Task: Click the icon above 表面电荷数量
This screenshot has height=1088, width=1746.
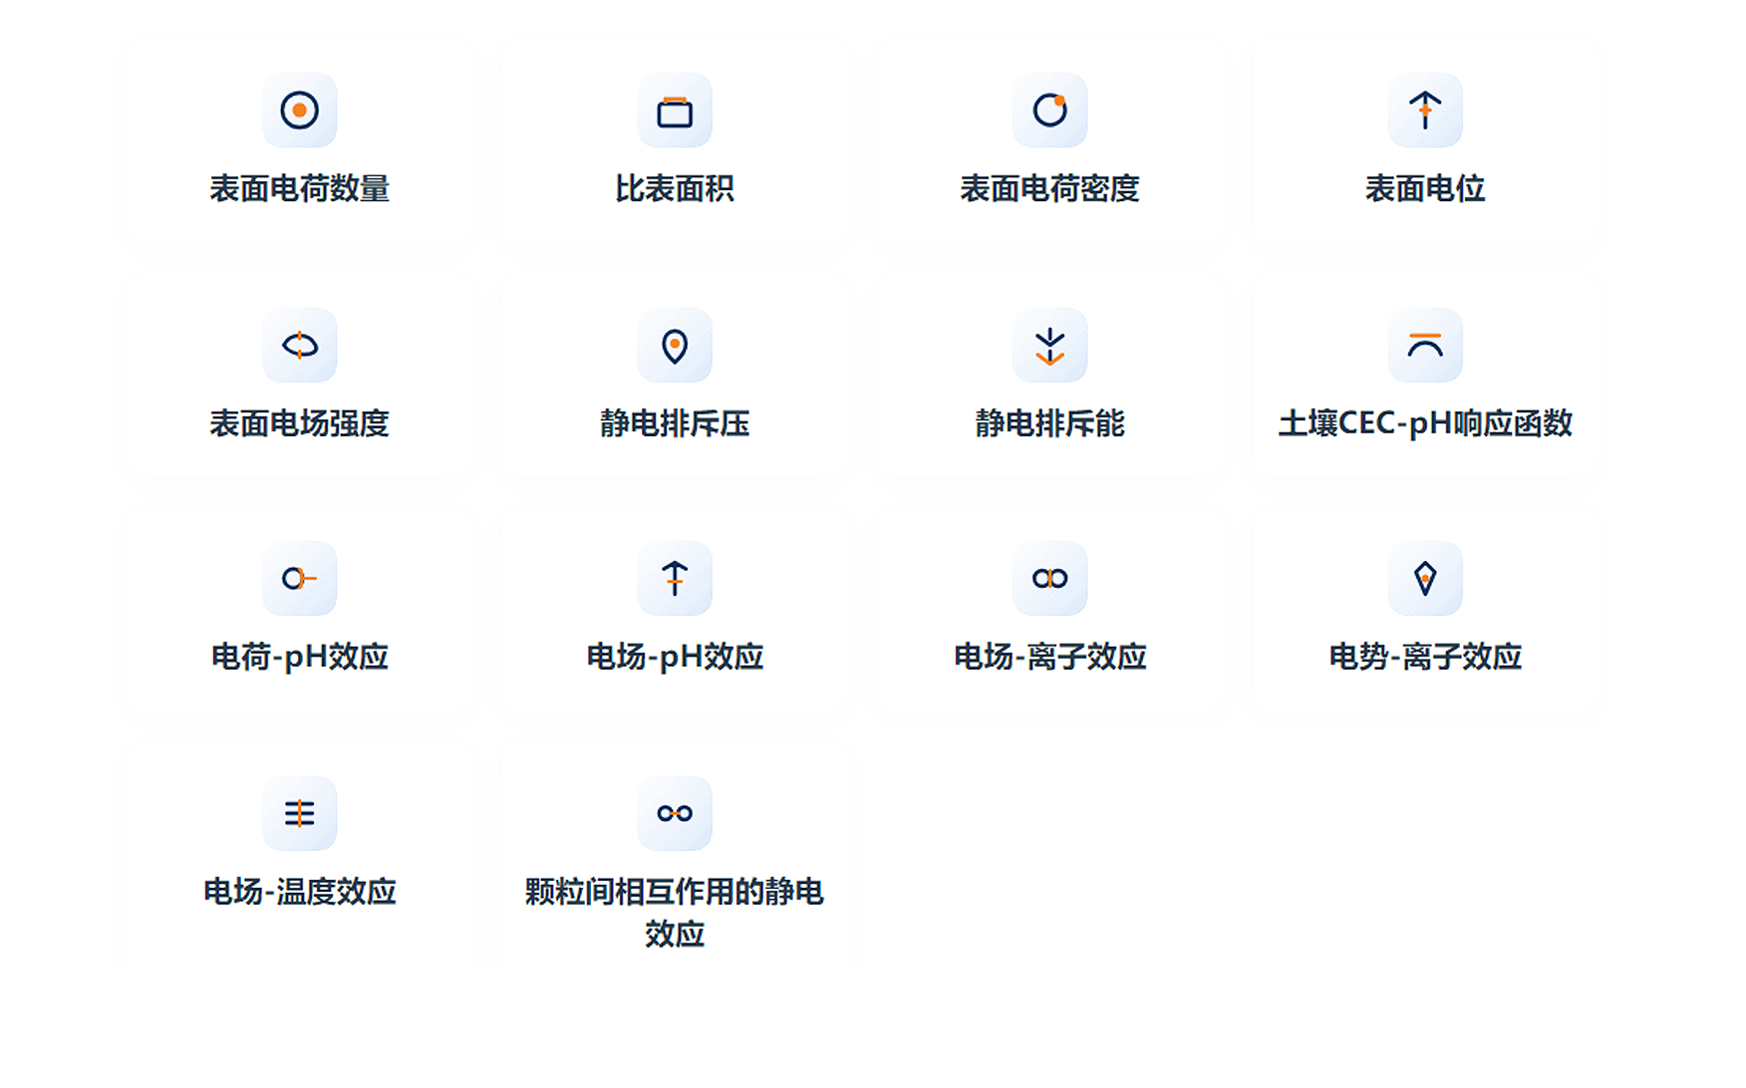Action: tap(299, 110)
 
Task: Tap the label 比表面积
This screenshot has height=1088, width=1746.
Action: tap(675, 188)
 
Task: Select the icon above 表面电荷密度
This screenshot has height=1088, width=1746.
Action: tap(1049, 110)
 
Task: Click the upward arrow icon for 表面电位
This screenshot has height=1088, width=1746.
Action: tap(1425, 110)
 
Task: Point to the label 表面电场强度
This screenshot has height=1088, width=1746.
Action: tap(299, 423)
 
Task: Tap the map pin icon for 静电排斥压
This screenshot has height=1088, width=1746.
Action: tap(675, 346)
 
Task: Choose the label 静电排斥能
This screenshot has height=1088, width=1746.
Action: tap(1049, 423)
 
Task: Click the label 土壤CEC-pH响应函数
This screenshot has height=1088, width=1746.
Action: tap(1425, 423)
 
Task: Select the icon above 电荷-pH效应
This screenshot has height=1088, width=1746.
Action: tap(299, 578)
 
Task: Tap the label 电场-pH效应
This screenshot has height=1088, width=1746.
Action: tap(675, 658)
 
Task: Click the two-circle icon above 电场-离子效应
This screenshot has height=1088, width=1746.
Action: tap(1049, 578)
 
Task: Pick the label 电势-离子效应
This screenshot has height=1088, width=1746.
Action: tap(1425, 658)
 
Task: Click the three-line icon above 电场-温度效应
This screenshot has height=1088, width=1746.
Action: tap(299, 813)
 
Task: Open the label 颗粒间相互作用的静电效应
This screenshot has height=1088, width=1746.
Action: tap(675, 912)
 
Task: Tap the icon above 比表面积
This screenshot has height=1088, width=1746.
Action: tap(675, 112)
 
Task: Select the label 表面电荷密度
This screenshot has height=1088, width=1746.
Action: tap(1049, 188)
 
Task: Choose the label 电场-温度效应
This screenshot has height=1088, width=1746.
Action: tap(299, 892)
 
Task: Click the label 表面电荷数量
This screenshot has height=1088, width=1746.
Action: tap(299, 188)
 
